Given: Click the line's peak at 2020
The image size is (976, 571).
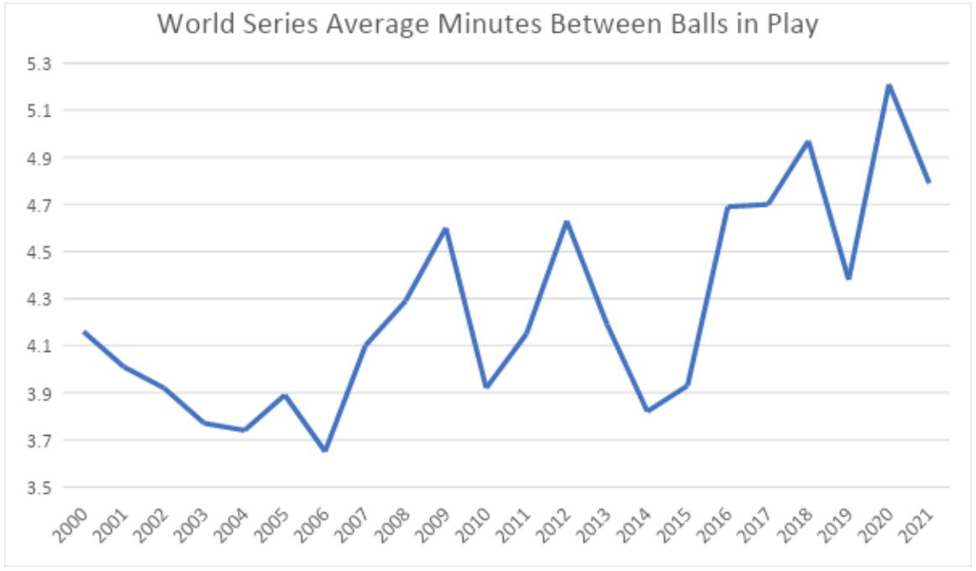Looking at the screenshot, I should (889, 86).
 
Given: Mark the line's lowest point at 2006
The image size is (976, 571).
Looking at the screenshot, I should (324, 451).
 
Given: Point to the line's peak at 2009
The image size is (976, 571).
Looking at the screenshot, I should (446, 228).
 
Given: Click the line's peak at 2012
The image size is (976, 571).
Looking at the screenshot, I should (567, 222).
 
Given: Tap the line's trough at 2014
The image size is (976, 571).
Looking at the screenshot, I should (648, 411).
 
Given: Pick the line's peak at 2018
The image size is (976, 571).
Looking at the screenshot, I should (808, 141).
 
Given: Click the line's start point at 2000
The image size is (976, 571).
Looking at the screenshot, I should (84, 332).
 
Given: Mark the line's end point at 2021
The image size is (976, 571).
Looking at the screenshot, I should (929, 181).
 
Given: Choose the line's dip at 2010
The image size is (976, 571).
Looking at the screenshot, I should (486, 386).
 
